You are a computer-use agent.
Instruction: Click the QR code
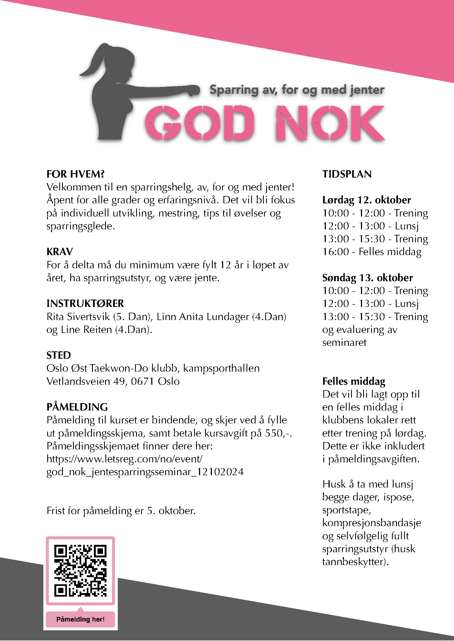(80, 570)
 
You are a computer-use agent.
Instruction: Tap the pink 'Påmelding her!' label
(80, 619)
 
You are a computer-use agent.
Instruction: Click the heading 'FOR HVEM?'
(75, 174)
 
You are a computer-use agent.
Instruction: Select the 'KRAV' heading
(60, 252)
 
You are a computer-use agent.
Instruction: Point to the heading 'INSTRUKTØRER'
(85, 303)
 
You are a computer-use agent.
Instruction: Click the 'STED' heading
(58, 355)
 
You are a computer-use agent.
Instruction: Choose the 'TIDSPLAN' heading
(347, 174)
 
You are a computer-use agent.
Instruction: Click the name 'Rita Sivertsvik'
(78, 317)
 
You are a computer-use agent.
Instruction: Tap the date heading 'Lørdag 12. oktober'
(366, 200)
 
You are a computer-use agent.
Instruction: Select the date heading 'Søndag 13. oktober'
(367, 278)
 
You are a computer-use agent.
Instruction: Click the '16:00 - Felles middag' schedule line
(372, 252)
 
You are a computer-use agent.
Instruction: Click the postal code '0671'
(142, 381)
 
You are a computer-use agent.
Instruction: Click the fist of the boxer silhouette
(194, 90)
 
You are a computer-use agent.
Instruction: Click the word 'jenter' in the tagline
(367, 90)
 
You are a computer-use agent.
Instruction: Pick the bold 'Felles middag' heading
(354, 381)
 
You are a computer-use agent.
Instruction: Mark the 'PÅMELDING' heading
(77, 407)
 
